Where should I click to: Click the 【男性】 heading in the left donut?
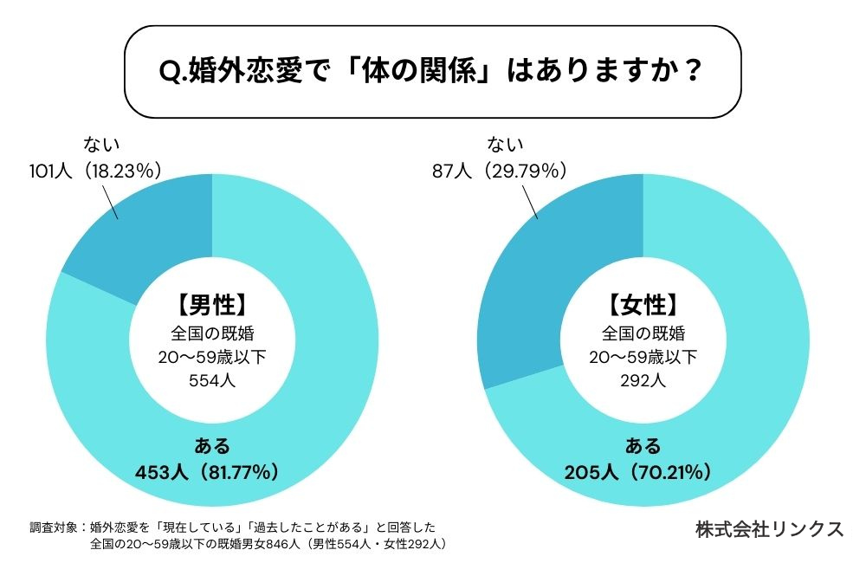(x=212, y=305)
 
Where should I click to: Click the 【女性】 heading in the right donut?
(x=643, y=305)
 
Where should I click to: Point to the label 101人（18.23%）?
(x=96, y=170)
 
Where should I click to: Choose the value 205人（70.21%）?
(x=642, y=472)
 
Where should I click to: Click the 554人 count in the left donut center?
(x=212, y=379)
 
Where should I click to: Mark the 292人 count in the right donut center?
(x=643, y=379)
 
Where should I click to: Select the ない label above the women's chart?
(x=505, y=144)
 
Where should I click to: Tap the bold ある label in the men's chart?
(x=212, y=446)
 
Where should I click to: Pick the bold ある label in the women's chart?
(x=643, y=446)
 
